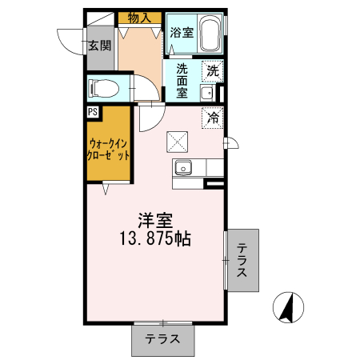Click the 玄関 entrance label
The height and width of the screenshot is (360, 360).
[x=100, y=46]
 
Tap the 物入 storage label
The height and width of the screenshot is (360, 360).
[x=141, y=18]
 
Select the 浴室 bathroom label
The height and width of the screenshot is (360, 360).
[x=181, y=33]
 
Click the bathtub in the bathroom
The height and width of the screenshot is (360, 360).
[x=210, y=34]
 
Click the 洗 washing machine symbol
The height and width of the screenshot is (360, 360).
[x=213, y=70]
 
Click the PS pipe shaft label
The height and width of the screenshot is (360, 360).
[x=93, y=113]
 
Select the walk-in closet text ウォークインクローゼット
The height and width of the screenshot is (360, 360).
[x=109, y=150]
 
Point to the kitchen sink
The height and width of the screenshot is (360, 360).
[x=183, y=168]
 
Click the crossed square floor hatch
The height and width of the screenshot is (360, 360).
[x=177, y=142]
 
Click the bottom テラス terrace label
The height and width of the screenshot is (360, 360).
[x=162, y=339]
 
